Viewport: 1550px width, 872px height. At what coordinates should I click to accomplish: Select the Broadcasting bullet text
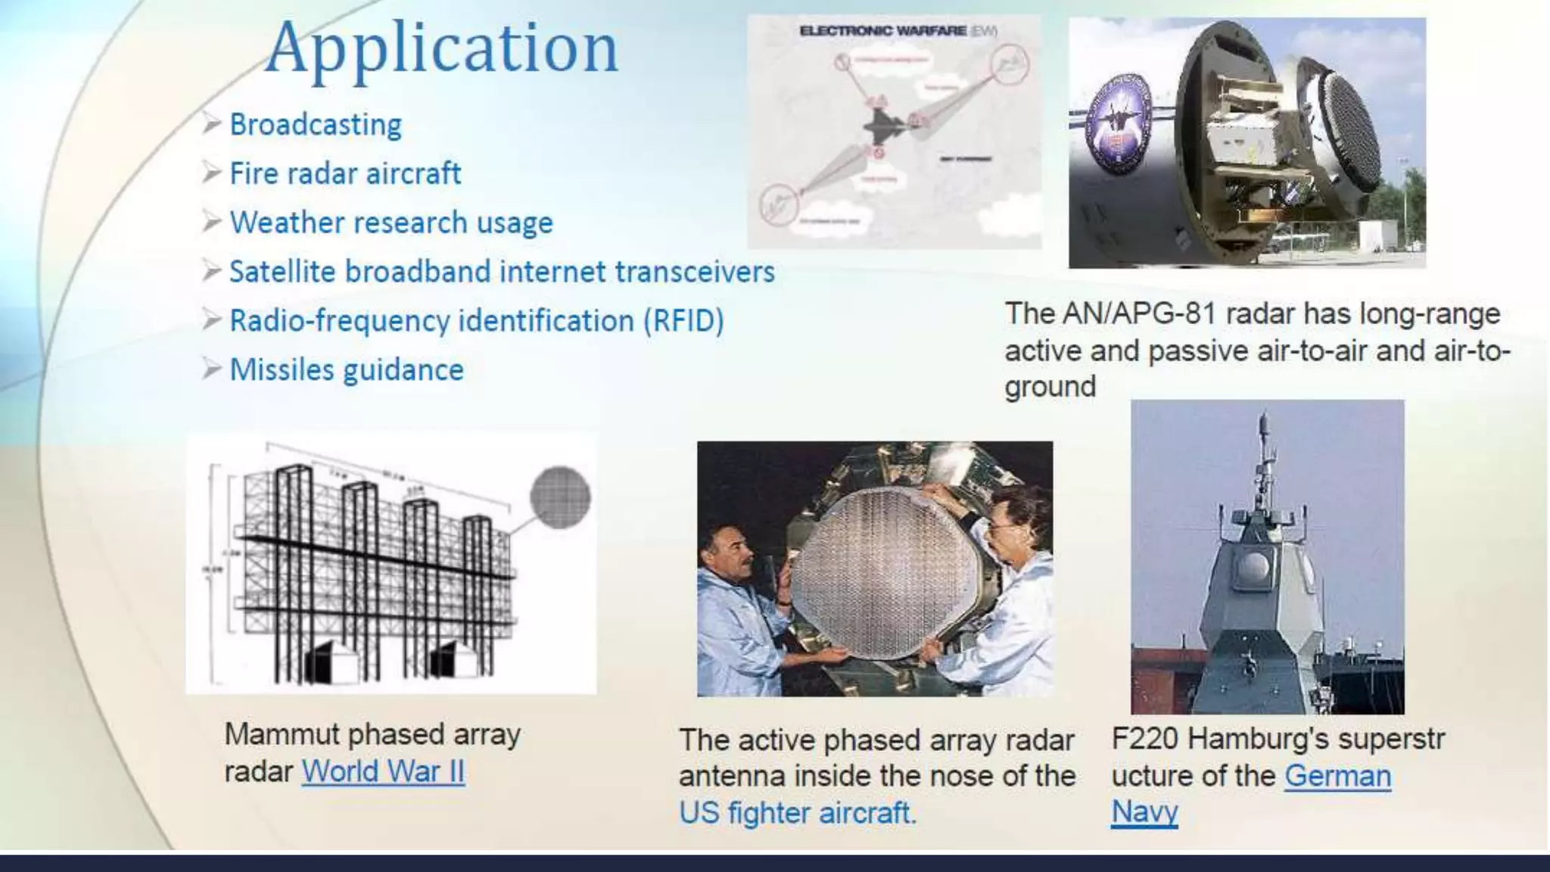pos(315,125)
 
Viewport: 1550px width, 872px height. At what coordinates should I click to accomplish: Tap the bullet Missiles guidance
pos(346,370)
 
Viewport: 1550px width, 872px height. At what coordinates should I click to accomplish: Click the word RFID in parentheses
pos(683,321)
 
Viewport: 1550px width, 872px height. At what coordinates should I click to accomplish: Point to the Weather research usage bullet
pos(391,223)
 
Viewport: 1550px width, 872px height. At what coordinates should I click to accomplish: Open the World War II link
pos(383,772)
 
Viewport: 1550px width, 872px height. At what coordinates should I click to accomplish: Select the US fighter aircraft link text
pos(797,813)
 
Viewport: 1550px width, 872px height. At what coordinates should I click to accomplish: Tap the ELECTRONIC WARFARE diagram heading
pos(882,31)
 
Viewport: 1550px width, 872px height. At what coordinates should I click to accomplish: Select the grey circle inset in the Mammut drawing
pos(560,497)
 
